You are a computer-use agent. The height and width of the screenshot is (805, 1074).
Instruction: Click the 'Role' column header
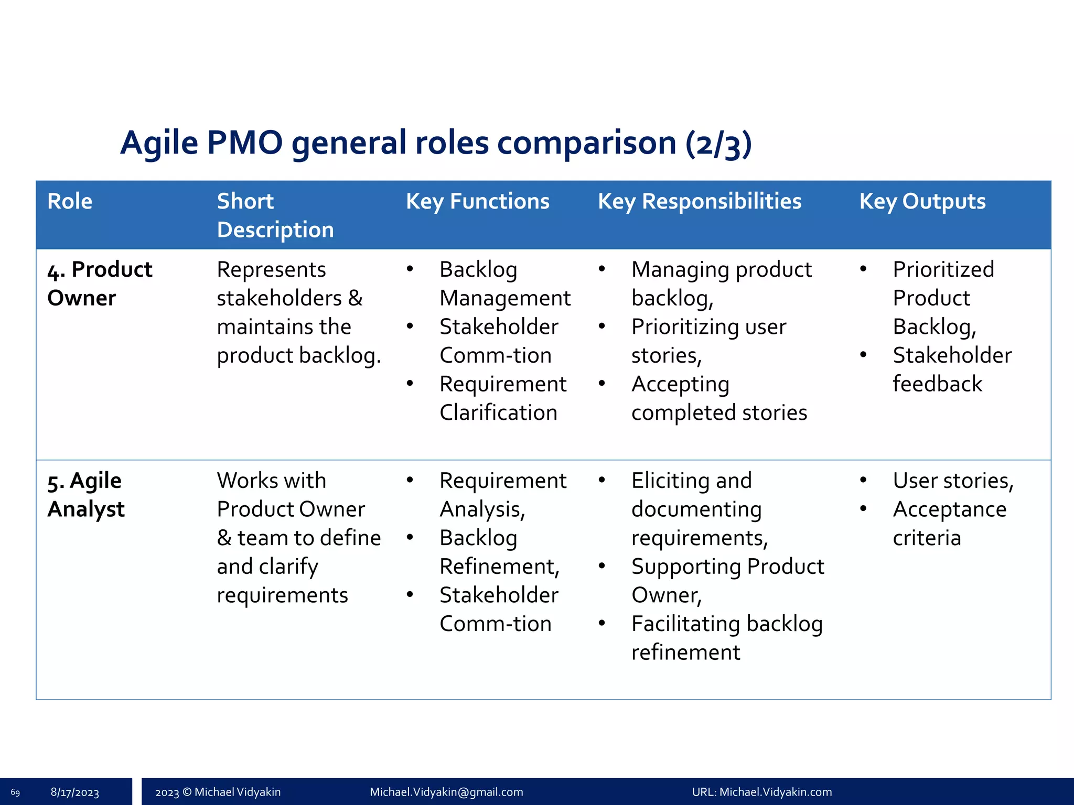70,201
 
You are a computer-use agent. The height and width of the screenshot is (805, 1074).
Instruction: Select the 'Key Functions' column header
477,201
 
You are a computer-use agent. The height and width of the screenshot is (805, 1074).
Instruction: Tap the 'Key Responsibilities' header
699,201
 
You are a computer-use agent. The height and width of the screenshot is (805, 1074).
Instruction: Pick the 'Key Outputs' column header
922,201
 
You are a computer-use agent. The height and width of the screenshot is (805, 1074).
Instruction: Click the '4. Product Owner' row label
100,284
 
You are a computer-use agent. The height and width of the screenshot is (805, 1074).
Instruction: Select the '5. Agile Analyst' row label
87,495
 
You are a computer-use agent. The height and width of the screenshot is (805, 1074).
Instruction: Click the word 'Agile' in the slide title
159,143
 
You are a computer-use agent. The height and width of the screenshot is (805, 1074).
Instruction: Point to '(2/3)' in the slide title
718,144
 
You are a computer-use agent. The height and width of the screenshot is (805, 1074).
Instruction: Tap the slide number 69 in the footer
15,792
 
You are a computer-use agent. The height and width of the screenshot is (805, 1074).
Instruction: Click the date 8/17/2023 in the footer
74,792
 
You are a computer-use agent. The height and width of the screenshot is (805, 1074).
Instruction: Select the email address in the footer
446,792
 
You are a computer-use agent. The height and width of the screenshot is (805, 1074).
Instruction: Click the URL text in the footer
761,792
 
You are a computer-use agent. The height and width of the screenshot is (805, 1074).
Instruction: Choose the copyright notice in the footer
218,792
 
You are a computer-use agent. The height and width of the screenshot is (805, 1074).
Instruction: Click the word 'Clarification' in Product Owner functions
498,413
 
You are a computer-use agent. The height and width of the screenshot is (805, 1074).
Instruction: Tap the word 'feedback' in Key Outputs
937,384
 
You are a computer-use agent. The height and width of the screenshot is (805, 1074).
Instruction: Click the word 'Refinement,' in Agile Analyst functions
499,567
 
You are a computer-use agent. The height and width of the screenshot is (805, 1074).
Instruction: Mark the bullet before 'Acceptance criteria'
863,508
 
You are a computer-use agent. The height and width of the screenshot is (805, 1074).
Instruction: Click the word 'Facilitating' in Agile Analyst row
684,624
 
